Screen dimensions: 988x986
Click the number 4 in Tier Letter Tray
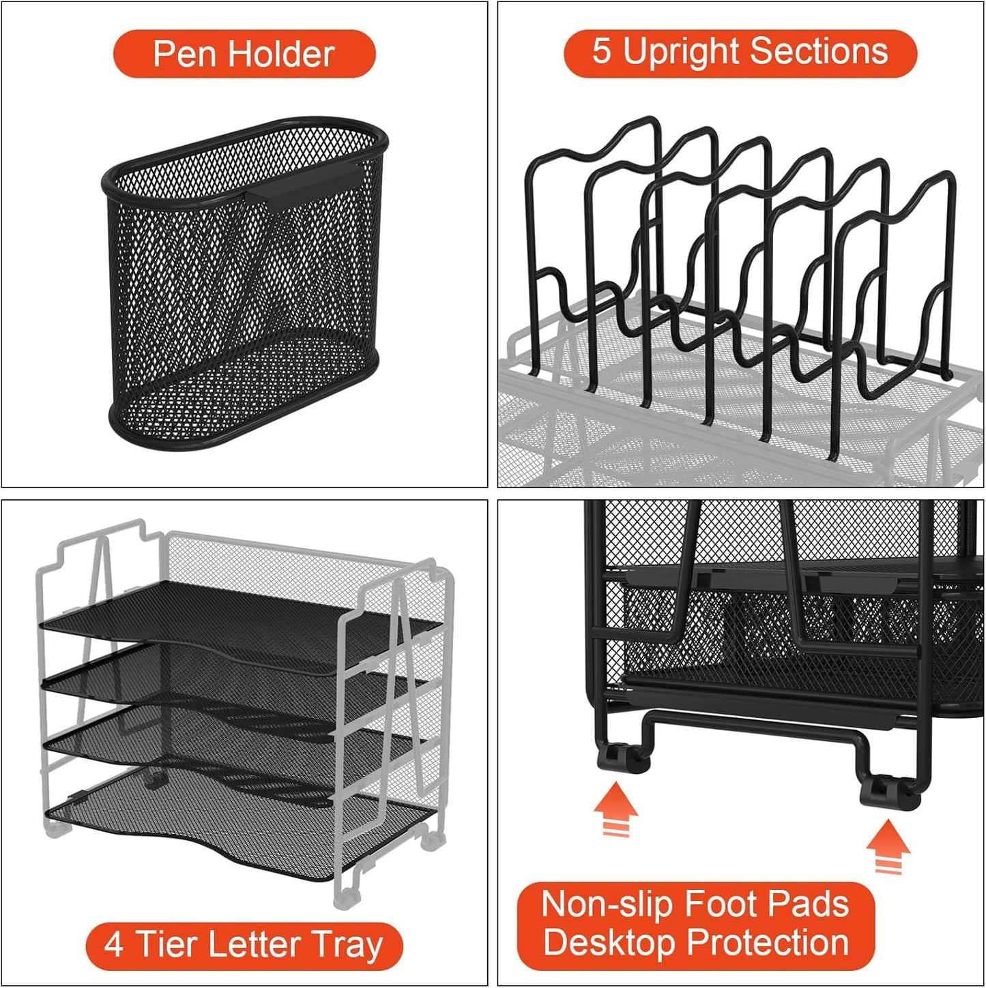pos(113,945)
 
